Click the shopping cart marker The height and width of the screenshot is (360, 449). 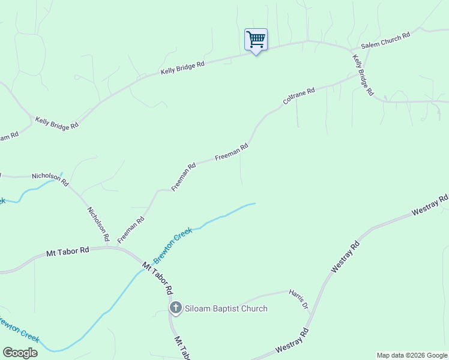(256, 40)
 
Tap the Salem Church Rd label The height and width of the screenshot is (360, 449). (385, 40)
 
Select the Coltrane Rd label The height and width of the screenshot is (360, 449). (298, 96)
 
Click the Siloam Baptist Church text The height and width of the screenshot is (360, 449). (226, 308)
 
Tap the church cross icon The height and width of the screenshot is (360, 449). (175, 308)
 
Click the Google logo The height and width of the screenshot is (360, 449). (20, 353)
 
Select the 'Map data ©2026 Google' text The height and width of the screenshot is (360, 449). (412, 355)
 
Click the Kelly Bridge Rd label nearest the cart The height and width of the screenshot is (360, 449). (182, 67)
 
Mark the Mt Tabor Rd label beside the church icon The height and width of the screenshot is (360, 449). (158, 278)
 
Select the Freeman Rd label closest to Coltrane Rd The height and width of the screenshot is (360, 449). (232, 151)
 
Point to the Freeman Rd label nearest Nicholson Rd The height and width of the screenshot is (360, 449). (131, 230)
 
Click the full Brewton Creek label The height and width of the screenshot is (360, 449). (173, 246)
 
